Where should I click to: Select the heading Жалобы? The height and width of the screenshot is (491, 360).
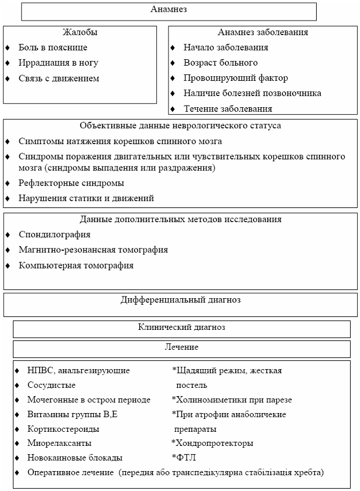tap(80, 32)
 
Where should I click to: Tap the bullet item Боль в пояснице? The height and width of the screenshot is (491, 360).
tap(53, 47)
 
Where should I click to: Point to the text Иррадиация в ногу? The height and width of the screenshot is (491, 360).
tap(58, 63)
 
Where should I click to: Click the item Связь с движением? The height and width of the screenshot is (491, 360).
tap(59, 78)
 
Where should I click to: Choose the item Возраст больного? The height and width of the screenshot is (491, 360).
tap(220, 63)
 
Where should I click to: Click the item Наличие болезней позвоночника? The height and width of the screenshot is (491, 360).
tap(252, 93)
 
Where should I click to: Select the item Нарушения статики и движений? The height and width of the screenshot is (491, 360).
tap(86, 198)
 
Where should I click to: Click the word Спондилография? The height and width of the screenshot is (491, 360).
tap(54, 234)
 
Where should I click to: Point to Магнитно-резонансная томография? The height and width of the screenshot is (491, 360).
tap(93, 250)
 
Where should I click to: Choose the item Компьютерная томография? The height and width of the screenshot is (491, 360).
tap(76, 265)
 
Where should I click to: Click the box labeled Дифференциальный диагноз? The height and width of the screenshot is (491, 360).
tap(180, 300)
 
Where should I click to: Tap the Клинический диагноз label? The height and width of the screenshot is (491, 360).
tap(181, 328)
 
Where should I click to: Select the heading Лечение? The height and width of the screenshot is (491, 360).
tap(181, 347)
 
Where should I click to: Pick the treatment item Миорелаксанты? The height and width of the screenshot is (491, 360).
tap(59, 443)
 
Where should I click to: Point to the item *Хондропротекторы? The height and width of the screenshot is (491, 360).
tap(212, 443)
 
